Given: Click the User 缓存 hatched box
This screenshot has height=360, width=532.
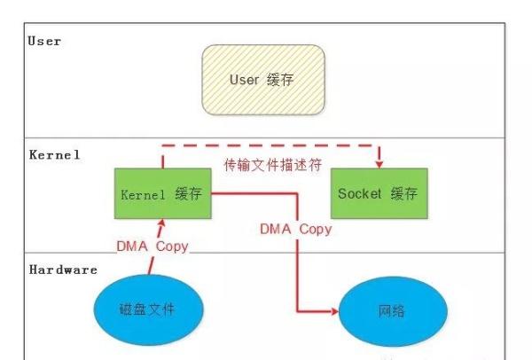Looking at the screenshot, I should tap(262, 81).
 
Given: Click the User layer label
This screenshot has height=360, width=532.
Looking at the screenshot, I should tap(44, 42).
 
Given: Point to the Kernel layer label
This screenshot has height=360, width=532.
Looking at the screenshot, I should tap(53, 154).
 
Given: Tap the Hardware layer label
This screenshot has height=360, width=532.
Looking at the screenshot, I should tap(62, 270).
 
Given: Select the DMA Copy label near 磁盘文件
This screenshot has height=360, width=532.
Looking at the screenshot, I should tap(153, 246).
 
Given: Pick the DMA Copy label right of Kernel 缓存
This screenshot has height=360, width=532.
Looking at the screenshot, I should tap(295, 229).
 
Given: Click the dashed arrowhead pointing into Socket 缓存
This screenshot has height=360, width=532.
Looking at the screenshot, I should tap(379, 162).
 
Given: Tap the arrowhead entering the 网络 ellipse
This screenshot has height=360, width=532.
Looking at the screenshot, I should tap(335, 311).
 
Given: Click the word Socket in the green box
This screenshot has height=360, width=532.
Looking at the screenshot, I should tap(358, 193).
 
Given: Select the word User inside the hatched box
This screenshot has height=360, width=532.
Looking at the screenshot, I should tap(244, 81).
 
